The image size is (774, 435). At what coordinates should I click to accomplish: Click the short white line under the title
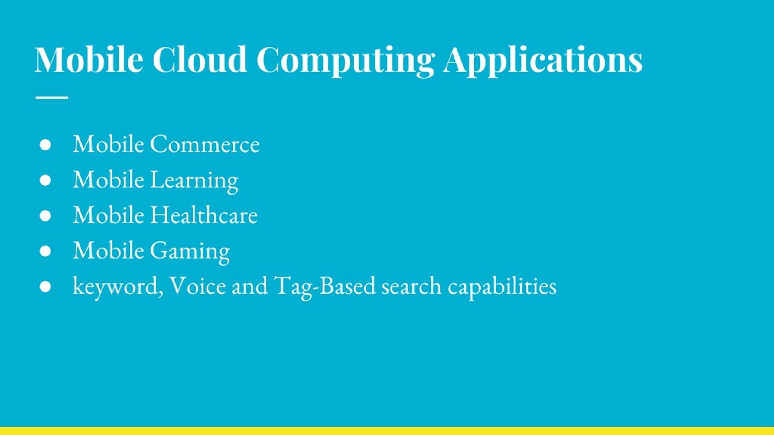[52, 98]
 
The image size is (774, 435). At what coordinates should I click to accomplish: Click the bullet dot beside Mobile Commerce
[45, 145]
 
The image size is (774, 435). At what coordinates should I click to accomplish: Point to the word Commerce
[205, 144]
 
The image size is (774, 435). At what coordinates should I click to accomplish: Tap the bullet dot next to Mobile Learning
[45, 180]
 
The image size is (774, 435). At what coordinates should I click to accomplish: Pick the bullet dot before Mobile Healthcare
[45, 216]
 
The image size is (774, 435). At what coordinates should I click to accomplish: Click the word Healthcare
[204, 215]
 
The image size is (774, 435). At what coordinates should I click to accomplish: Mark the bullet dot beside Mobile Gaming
[45, 251]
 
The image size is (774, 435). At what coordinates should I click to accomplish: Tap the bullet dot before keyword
[45, 287]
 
